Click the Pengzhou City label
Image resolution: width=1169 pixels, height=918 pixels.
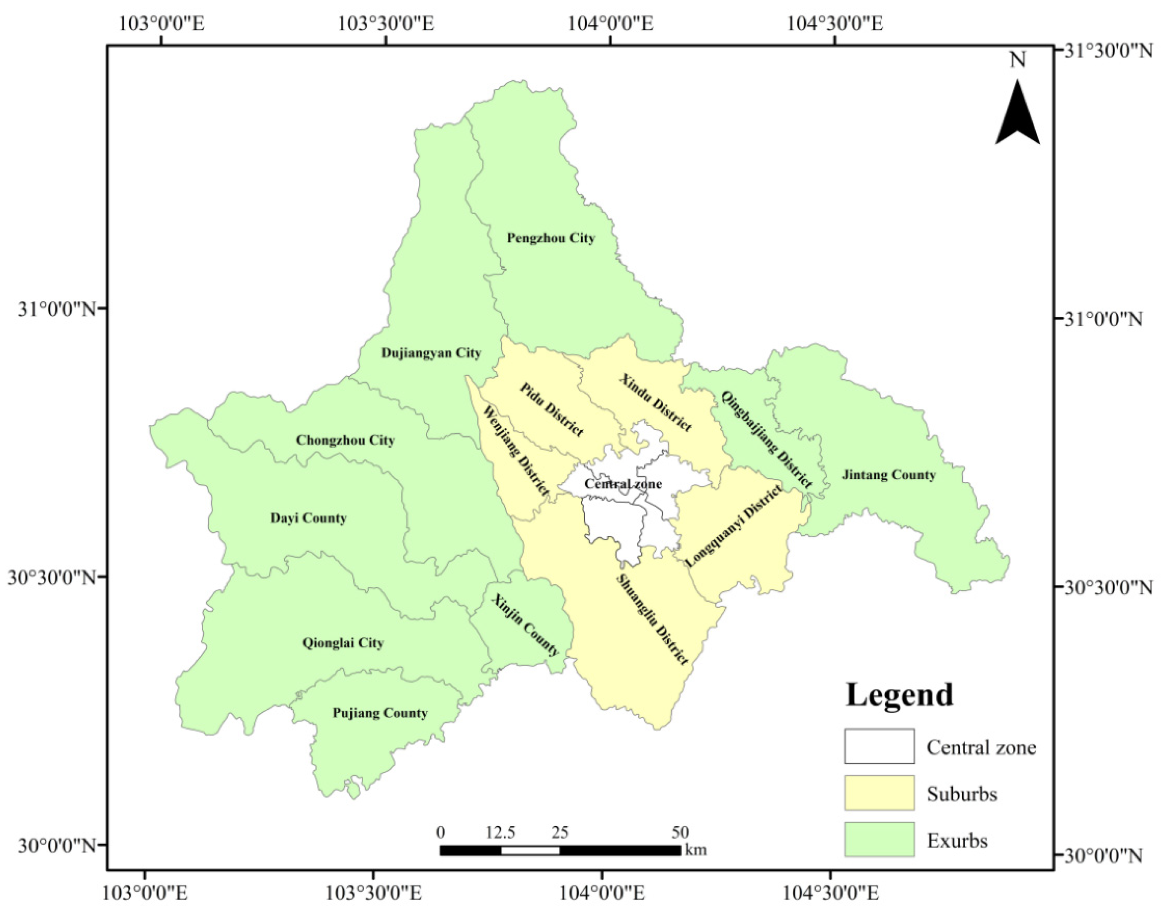pyautogui.click(x=551, y=238)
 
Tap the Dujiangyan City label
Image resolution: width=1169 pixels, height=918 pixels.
pyautogui.click(x=431, y=353)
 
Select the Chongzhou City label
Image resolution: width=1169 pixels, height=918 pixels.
pyautogui.click(x=345, y=440)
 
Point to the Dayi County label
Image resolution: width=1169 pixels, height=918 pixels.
pyautogui.click(x=308, y=518)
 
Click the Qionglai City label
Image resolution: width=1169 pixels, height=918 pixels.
pyautogui.click(x=343, y=643)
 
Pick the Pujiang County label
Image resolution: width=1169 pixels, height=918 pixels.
pyautogui.click(x=380, y=713)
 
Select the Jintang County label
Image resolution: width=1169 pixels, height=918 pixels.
pyautogui.click(x=888, y=474)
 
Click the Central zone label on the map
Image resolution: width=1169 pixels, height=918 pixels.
pyautogui.click(x=623, y=484)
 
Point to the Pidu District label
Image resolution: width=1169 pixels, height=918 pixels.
pyautogui.click(x=551, y=410)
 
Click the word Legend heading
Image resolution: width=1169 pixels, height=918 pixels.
pyautogui.click(x=899, y=695)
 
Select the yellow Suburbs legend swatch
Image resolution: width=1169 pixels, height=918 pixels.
pyautogui.click(x=879, y=793)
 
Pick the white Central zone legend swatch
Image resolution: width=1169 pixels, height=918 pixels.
pyautogui.click(x=879, y=746)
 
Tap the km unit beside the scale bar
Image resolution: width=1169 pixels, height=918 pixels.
pyautogui.click(x=695, y=850)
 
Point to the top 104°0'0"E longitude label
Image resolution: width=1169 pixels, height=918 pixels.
pyautogui.click(x=610, y=24)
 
